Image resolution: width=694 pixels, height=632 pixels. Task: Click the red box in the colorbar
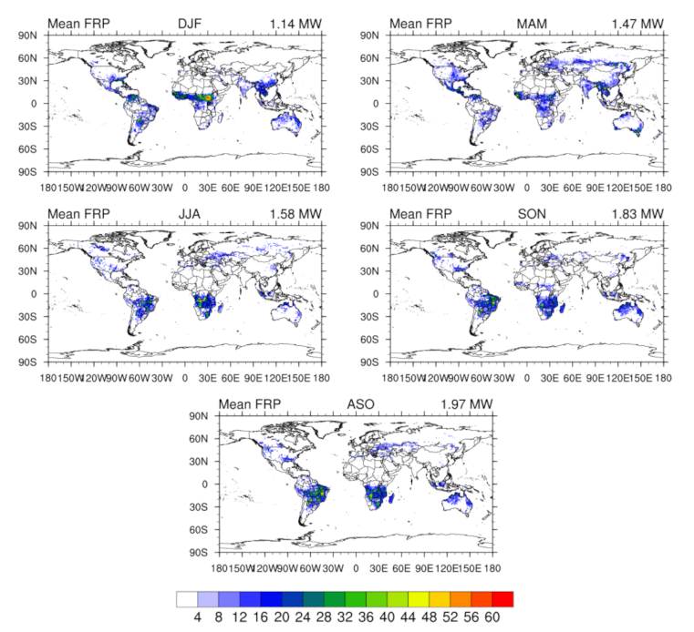coord(503,598)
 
